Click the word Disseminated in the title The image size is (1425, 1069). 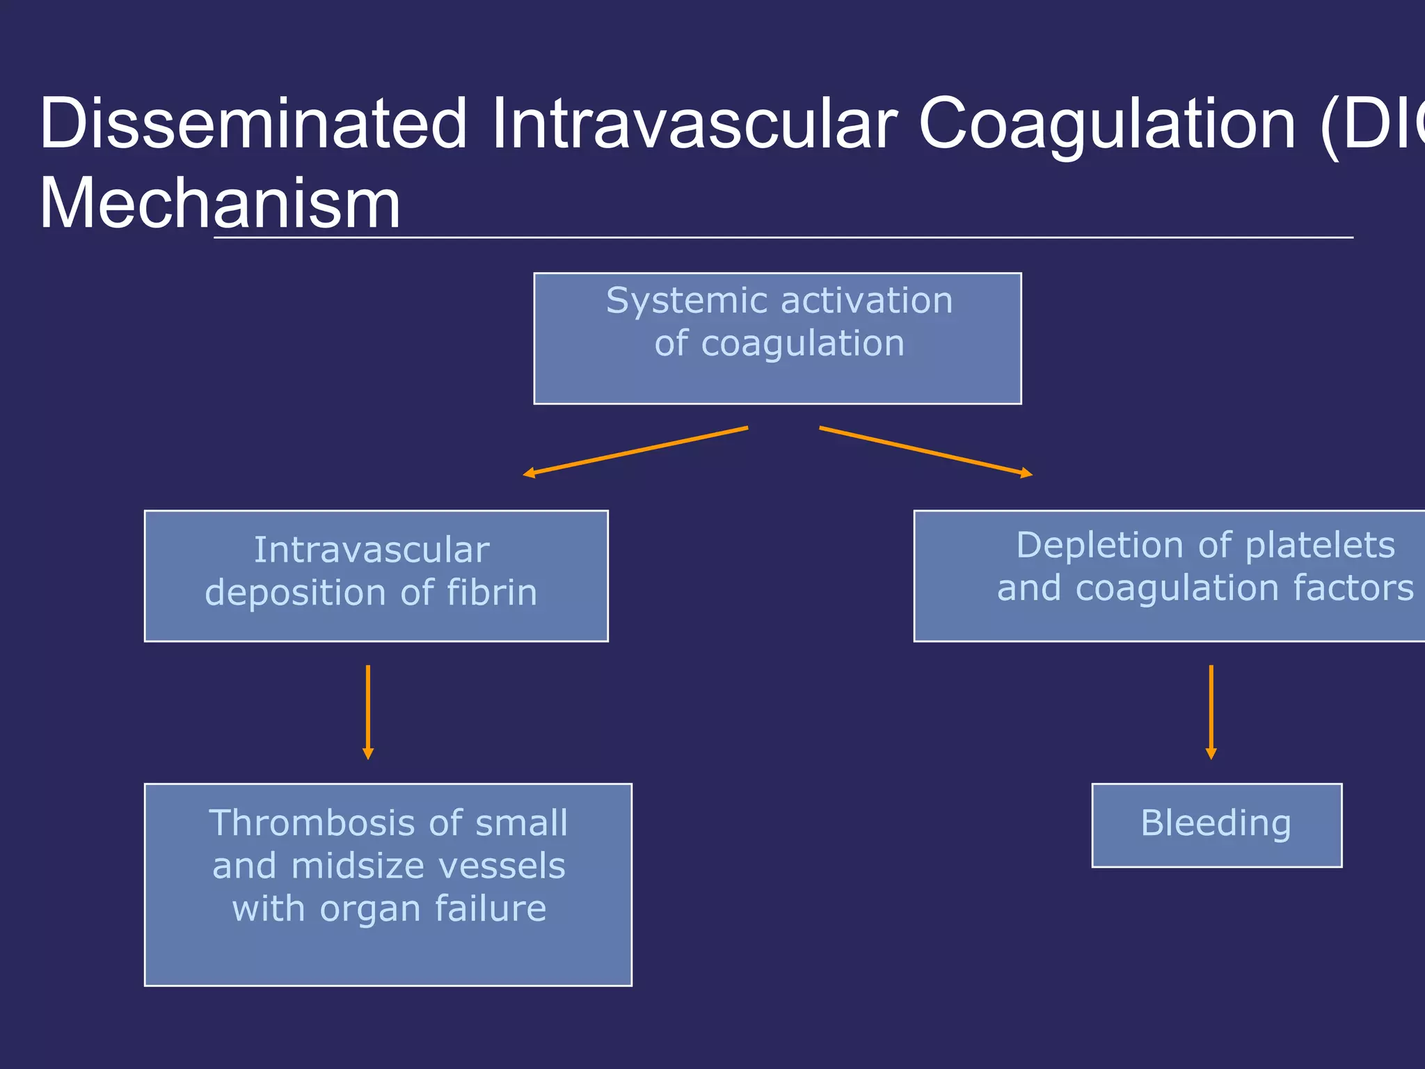pos(252,124)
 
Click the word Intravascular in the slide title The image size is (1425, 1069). pos(693,124)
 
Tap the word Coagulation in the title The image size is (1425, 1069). pos(1106,124)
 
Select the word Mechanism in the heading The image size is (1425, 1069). pos(220,203)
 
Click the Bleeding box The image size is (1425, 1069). pos(1216,825)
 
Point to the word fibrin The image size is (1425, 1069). pos(491,592)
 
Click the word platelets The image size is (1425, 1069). pos(1320,545)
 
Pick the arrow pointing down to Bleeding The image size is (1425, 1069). pos(1211,711)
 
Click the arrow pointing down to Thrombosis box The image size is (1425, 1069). pos(368,711)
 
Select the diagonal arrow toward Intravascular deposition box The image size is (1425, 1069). pos(635,450)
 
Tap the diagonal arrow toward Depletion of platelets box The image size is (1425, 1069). pos(925,451)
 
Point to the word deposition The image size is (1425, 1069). pos(295,592)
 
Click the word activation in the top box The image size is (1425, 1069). pos(866,301)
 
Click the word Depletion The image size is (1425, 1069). pos(1100,545)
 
